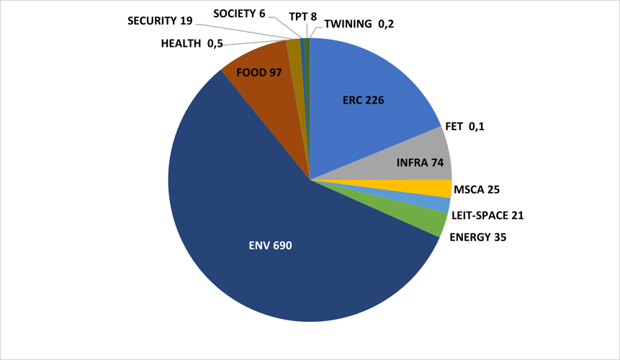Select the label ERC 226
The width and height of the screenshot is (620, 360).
(x=363, y=100)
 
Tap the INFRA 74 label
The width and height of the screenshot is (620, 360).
(x=420, y=163)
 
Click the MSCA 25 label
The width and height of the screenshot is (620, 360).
(x=477, y=190)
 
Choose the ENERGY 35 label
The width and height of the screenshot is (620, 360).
(x=477, y=236)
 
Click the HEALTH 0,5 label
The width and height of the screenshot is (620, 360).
(x=192, y=44)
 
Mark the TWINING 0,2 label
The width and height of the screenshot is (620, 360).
(x=359, y=24)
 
